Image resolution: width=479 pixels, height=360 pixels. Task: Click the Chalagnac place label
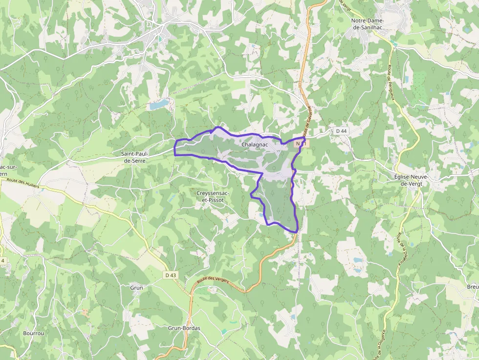click(x=254, y=145)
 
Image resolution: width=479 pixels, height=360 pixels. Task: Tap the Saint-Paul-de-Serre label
click(x=137, y=157)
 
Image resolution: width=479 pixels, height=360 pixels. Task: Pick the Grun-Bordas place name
click(x=184, y=328)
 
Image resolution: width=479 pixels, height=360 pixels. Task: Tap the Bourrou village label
click(x=33, y=334)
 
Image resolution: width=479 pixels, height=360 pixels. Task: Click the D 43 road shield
click(x=171, y=275)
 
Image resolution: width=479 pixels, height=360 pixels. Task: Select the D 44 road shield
click(x=341, y=131)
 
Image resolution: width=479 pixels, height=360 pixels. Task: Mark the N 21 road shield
click(x=301, y=144)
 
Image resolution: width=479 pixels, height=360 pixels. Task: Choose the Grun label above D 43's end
click(x=137, y=288)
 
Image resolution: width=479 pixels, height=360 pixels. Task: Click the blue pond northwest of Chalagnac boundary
click(x=158, y=105)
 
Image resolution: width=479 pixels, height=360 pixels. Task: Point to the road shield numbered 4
click(x=2, y=261)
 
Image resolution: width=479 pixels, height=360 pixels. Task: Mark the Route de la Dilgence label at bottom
click(x=381, y=342)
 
